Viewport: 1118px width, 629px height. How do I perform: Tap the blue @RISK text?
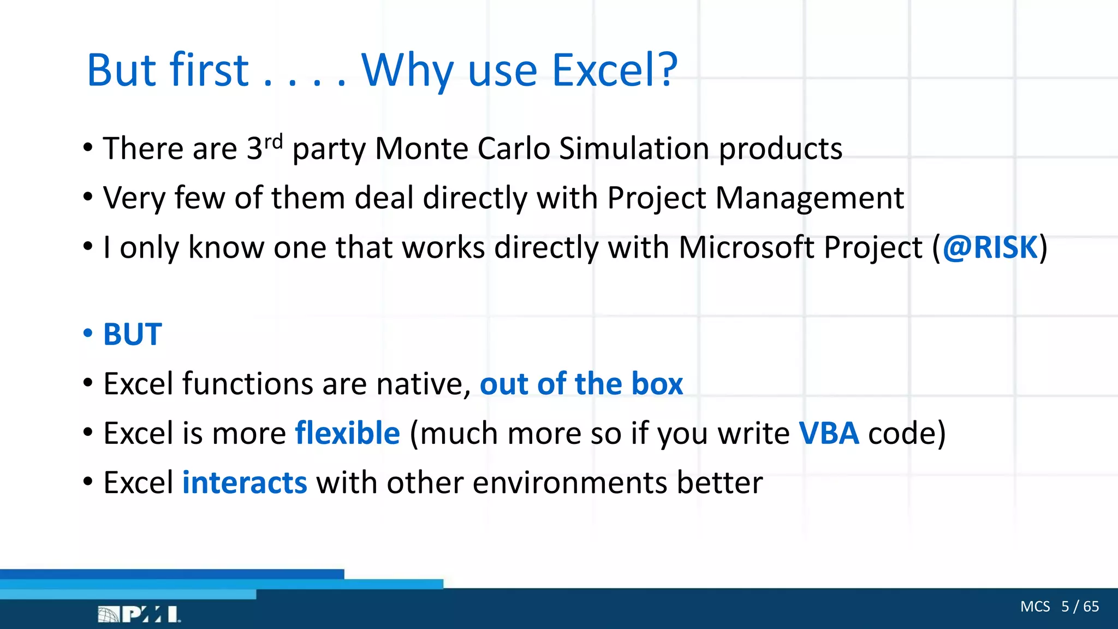tap(990, 247)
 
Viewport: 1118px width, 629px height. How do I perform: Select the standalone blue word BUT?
tap(133, 334)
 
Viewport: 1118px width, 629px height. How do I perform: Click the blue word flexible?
tap(348, 433)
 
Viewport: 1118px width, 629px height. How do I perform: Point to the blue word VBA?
tap(829, 433)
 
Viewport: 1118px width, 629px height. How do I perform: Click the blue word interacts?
tap(245, 483)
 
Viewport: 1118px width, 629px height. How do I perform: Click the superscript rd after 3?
tap(273, 141)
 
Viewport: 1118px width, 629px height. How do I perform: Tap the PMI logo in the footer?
tap(139, 614)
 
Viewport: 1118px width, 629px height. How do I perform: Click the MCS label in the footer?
tap(1035, 607)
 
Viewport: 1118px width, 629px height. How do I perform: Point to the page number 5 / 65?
tap(1080, 607)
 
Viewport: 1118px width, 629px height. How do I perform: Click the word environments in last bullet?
tap(569, 483)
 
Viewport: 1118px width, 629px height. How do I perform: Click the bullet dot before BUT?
tap(88, 333)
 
